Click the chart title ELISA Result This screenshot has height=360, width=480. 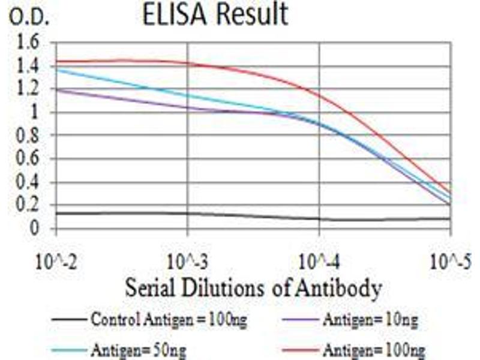[x=215, y=15]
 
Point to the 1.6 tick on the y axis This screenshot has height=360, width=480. [x=29, y=43]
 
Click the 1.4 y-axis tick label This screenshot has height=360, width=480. [x=29, y=66]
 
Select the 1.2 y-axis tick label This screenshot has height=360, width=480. [x=29, y=89]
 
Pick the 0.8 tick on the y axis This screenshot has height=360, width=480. [x=29, y=136]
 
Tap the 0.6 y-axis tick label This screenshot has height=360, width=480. [x=29, y=159]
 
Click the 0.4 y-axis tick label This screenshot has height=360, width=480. [x=29, y=182]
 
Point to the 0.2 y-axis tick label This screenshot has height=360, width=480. [x=29, y=206]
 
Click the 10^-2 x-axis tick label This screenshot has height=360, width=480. [x=55, y=262]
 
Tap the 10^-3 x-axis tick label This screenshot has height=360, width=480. [x=187, y=262]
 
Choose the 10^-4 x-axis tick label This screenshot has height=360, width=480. [x=319, y=262]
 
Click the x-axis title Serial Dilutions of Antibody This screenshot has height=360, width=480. [x=253, y=288]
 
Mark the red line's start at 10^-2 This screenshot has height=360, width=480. [x=55, y=61]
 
